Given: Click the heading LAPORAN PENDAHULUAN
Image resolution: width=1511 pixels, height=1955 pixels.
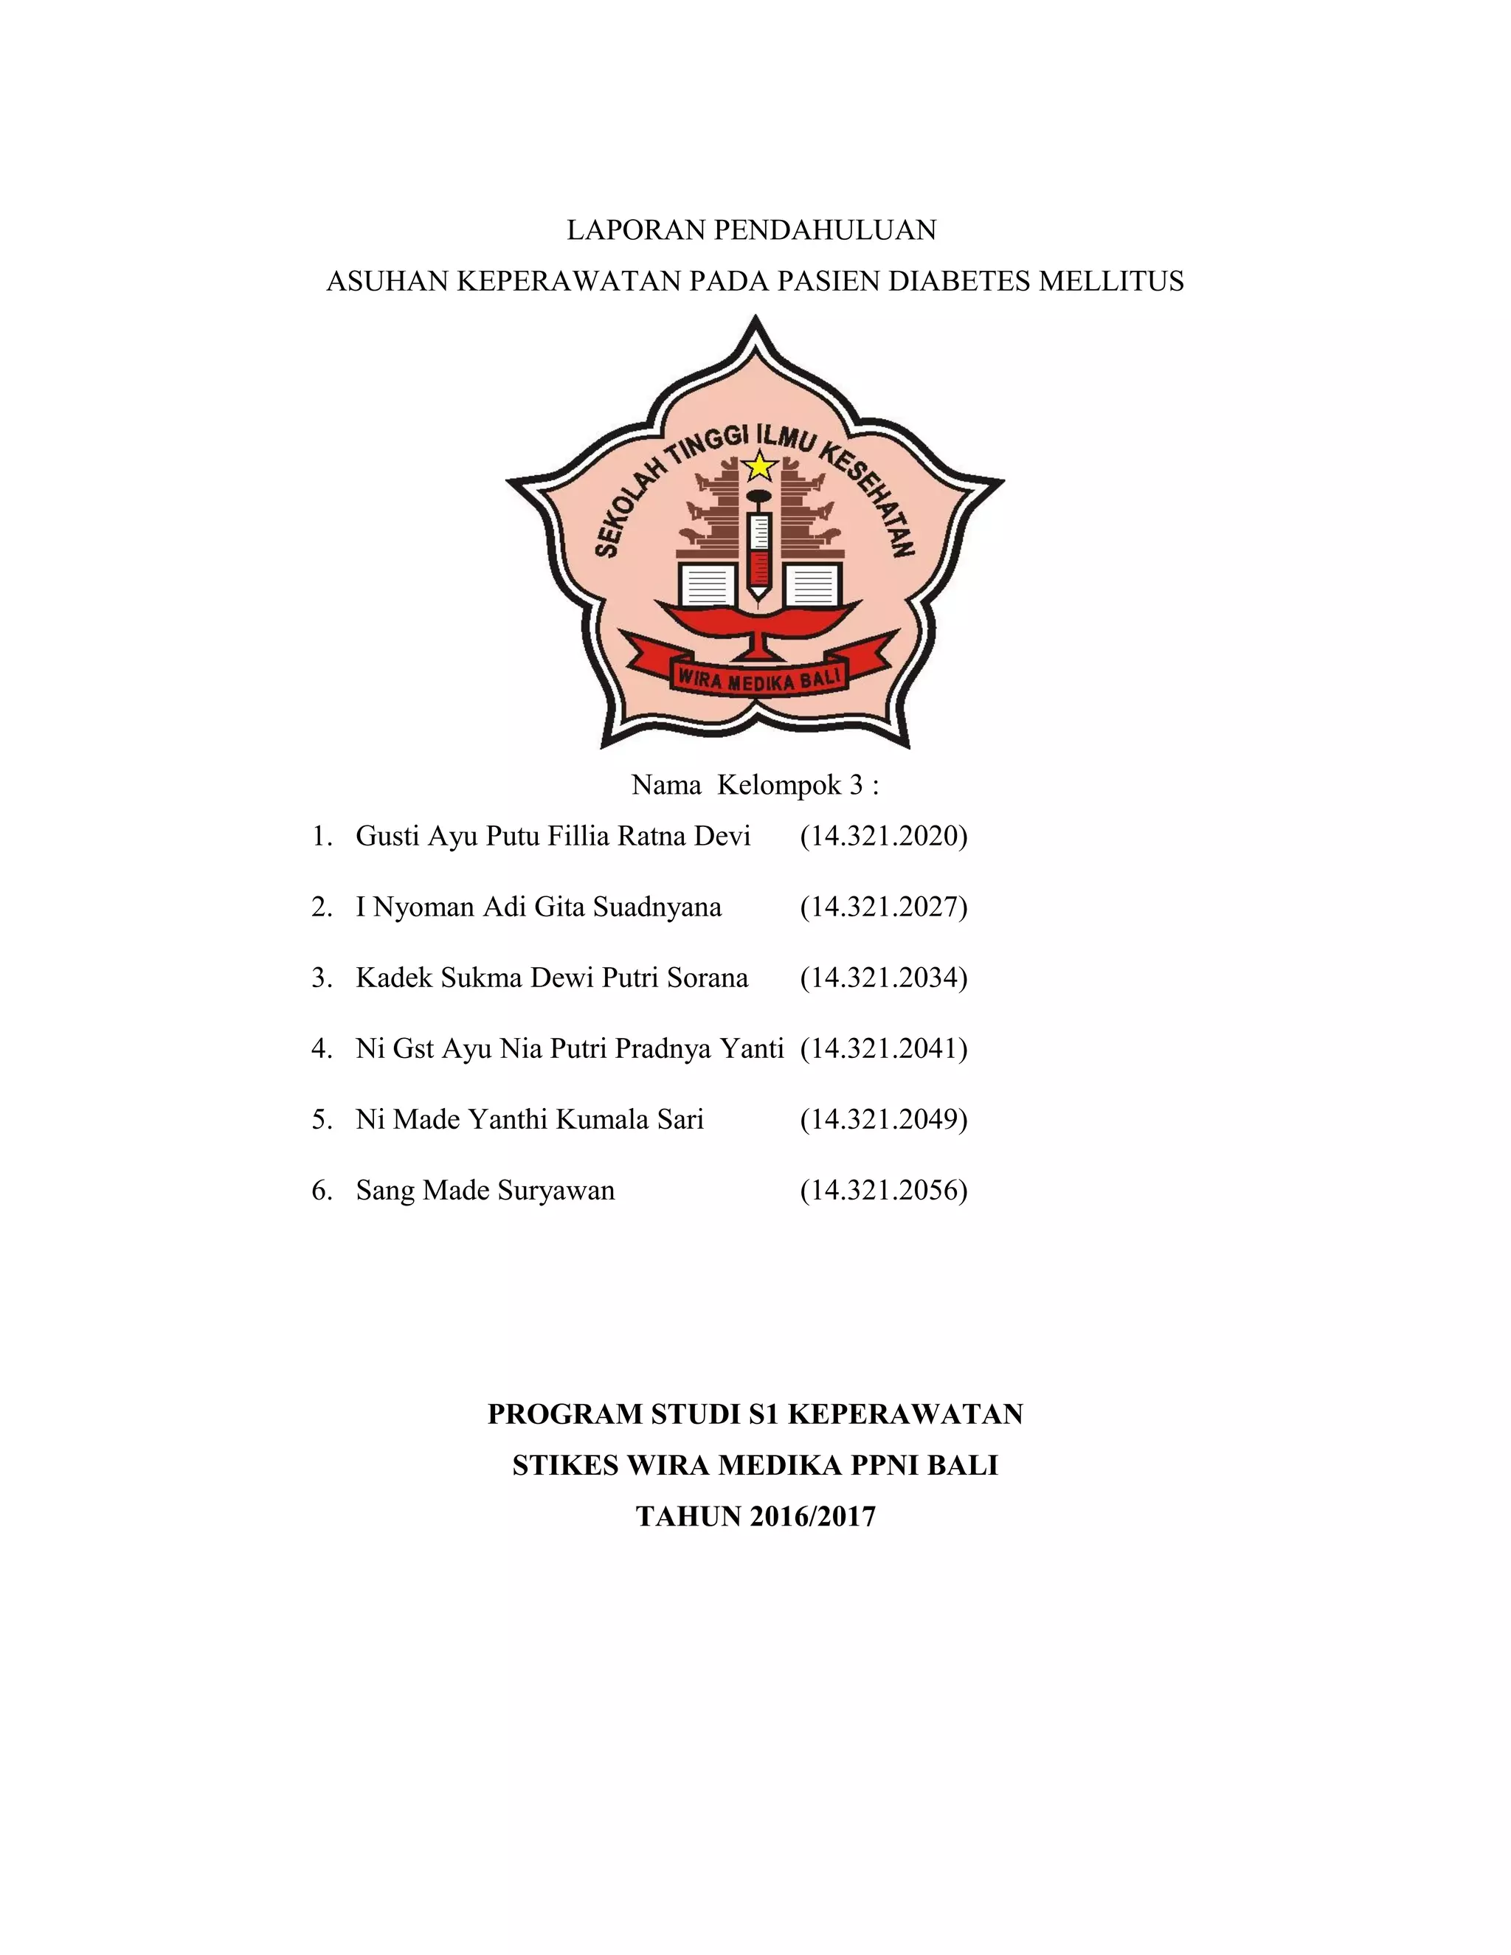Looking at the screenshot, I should tap(751, 231).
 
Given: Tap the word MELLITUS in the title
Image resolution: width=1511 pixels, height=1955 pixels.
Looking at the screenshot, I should tap(1111, 282).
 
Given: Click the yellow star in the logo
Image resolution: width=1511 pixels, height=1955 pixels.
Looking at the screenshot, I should tap(760, 466).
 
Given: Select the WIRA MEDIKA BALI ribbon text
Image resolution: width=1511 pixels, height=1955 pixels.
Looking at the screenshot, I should tap(759, 680).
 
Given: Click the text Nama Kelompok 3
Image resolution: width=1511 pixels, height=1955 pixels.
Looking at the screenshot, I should tap(755, 785).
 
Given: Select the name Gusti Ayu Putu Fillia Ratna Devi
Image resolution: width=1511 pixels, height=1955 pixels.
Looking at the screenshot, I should tap(553, 836).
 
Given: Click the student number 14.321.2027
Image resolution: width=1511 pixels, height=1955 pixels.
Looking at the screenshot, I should tap(883, 907).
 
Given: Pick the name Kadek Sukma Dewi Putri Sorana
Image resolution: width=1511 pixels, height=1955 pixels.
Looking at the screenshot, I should tap(551, 977).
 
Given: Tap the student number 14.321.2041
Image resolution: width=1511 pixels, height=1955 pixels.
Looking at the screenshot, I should tap(883, 1048).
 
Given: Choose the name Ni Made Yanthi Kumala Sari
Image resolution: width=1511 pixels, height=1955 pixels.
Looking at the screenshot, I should tap(529, 1119).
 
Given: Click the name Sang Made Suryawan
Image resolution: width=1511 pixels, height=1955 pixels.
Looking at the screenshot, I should tap(485, 1191).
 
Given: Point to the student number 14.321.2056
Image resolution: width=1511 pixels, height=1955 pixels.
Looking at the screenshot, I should tap(883, 1191).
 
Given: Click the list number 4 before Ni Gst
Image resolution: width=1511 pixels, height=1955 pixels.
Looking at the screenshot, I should tap(320, 1048).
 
